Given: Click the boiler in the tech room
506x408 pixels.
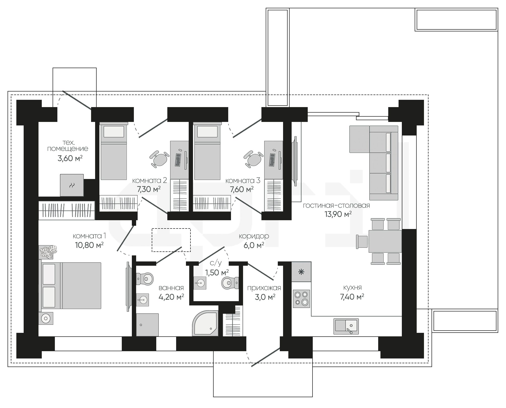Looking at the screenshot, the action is pyautogui.click(x=72, y=185).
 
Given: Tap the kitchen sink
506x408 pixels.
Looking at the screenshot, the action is pyautogui.click(x=346, y=326).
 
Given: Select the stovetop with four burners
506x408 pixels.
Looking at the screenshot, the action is pyautogui.click(x=301, y=298).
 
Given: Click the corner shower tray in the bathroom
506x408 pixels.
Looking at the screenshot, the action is pyautogui.click(x=205, y=323).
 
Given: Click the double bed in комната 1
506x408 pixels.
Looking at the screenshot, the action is pyautogui.click(x=70, y=286).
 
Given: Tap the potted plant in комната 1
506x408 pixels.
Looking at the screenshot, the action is pyautogui.click(x=48, y=252).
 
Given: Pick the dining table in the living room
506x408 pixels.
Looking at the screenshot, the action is pyautogui.click(x=385, y=241).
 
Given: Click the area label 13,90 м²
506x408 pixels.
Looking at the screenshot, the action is pyautogui.click(x=338, y=214).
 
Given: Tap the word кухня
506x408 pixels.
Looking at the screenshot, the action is pyautogui.click(x=353, y=287).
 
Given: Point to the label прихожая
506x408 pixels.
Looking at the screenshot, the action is pyautogui.click(x=264, y=288).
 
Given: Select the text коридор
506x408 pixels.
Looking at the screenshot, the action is pyautogui.click(x=254, y=236).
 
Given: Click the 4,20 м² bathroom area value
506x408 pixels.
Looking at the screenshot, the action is pyautogui.click(x=171, y=297).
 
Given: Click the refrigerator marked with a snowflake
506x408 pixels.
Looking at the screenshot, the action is pyautogui.click(x=301, y=272).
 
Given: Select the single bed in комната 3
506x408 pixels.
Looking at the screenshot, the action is pyautogui.click(x=207, y=151).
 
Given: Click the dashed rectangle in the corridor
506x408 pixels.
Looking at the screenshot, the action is pyautogui.click(x=171, y=240).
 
